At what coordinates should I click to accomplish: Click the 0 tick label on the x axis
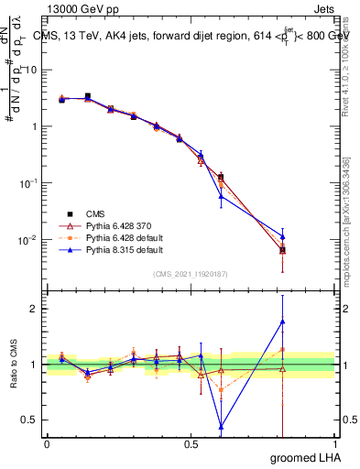47,444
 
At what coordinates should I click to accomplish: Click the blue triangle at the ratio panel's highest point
282,321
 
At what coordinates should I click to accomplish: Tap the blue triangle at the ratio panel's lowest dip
221,426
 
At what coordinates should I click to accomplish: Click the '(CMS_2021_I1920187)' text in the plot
191,273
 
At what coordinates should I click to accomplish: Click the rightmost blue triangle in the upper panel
282,236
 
